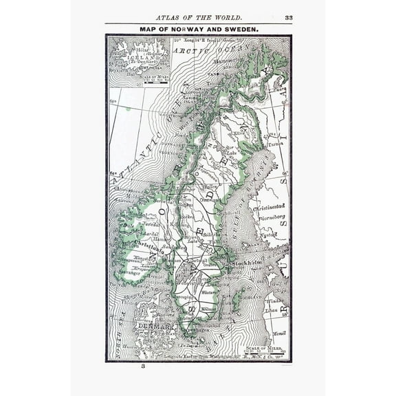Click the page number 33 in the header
pos(289,18)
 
